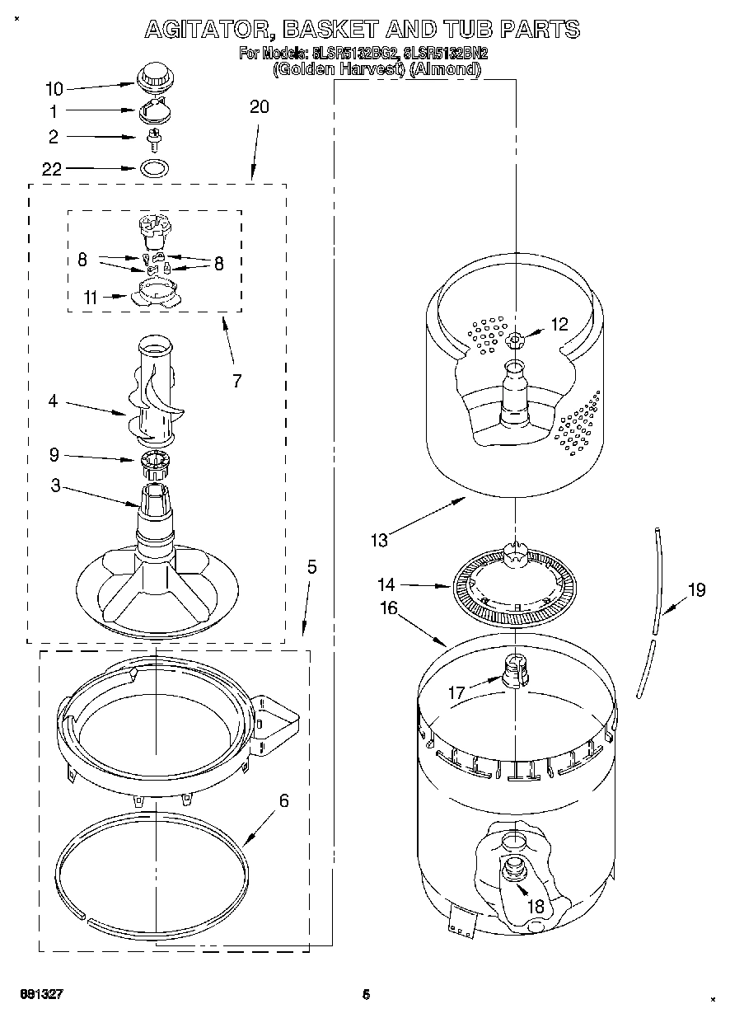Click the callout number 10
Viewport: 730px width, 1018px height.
click(x=54, y=88)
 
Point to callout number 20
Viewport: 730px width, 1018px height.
click(x=259, y=107)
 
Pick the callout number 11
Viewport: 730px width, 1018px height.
click(x=91, y=298)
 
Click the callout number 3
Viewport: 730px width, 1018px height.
click(x=55, y=486)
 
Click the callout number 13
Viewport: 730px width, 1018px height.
click(x=379, y=541)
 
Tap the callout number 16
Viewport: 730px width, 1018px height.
click(x=388, y=608)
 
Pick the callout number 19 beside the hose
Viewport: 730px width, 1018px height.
click(x=696, y=589)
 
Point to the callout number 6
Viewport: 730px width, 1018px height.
click(x=284, y=800)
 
